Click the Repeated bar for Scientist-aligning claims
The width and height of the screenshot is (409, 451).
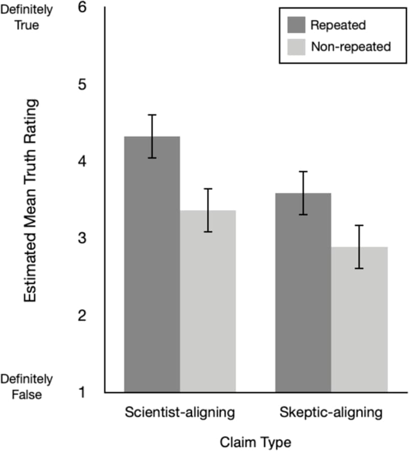click(152, 266)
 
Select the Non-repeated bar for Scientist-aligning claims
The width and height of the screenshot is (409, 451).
click(208, 302)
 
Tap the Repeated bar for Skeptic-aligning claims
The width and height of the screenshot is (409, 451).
click(303, 294)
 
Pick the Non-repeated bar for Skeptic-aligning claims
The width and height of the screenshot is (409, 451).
click(359, 320)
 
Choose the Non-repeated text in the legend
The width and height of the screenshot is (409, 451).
click(351, 47)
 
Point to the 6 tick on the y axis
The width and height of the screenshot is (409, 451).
click(81, 8)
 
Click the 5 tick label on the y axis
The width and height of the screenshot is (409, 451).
click(81, 84)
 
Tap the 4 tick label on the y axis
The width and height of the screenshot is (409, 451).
click(81, 161)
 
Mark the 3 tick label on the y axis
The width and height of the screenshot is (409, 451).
click(81, 239)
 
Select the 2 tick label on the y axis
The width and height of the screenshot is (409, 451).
click(81, 316)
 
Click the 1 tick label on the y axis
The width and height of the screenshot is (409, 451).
click(81, 393)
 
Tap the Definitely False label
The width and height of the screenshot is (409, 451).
click(26, 386)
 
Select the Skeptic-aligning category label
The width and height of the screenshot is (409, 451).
click(331, 412)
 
